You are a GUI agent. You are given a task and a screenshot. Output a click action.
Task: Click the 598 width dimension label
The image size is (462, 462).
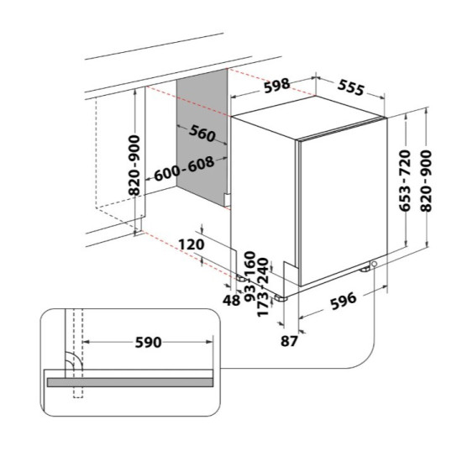pos(276,86)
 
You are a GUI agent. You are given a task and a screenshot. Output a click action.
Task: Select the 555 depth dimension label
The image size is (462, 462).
pos(351,87)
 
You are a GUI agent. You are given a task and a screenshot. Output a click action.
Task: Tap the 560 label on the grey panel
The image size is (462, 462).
pos(202,134)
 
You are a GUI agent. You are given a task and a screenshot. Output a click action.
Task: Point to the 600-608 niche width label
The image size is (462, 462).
pos(184,169)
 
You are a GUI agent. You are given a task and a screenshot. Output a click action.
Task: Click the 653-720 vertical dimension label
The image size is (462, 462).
pos(405,181)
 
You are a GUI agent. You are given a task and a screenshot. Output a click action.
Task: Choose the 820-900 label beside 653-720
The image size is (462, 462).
pos(426,181)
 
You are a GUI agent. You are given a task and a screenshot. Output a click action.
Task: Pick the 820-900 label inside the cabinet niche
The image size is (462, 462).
pos(134,165)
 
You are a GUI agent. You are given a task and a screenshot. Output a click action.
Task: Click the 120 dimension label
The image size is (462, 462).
pos(192,244)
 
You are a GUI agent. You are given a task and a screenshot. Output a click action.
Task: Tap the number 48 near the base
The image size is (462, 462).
pos(231,301)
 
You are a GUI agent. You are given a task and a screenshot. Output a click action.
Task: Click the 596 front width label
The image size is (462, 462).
pos(344,301)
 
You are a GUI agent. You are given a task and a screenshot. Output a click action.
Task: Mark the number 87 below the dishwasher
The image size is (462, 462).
pos(289,342)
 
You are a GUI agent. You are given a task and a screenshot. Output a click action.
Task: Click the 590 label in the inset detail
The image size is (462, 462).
pos(148,343)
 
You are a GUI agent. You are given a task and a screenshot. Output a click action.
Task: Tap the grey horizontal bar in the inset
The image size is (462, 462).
pos(130,382)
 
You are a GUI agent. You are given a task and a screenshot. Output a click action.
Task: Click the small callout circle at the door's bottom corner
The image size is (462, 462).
pos(374,264)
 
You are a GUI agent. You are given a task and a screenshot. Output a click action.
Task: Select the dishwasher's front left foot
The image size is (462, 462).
pos(281,298)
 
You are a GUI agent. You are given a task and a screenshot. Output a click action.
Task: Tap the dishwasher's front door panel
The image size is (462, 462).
pos(344,202)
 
